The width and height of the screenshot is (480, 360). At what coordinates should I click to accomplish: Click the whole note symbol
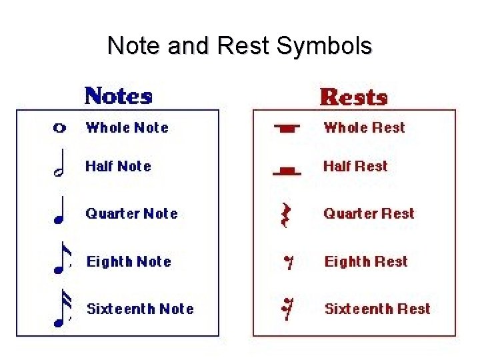click(59, 128)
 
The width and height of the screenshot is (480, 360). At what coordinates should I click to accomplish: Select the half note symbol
click(60, 167)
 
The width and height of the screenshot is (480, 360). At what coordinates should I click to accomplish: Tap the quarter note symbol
click(60, 210)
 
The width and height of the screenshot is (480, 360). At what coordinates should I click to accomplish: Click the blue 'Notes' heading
click(118, 96)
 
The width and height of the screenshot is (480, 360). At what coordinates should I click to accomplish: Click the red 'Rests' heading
click(353, 97)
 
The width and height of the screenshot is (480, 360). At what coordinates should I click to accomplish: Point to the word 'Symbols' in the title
click(324, 46)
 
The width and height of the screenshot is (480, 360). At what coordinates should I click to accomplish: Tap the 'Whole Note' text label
click(127, 127)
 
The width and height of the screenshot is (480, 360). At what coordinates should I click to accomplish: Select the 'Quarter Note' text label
click(131, 214)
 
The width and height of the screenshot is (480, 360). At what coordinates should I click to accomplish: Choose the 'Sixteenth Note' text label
click(140, 309)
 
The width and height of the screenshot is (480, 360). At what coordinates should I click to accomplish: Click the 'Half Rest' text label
click(355, 166)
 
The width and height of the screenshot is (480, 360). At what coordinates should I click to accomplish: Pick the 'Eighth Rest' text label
click(366, 261)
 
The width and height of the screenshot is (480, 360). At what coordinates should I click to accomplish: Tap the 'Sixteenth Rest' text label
click(377, 309)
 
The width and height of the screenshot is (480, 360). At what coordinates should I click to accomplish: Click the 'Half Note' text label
click(119, 167)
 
